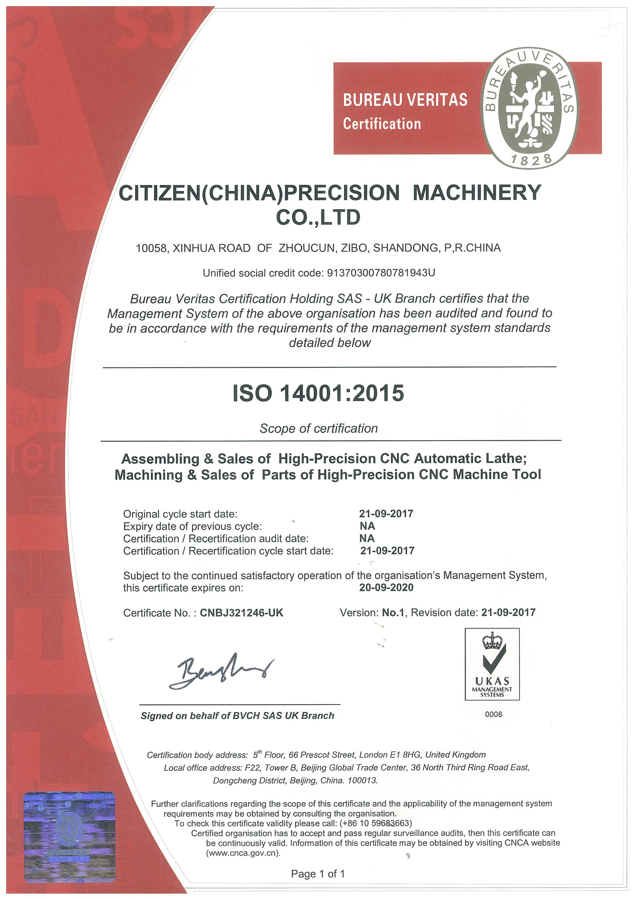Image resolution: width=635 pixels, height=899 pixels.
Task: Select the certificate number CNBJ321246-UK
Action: click(241, 613)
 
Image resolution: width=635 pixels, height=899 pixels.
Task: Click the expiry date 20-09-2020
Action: click(386, 587)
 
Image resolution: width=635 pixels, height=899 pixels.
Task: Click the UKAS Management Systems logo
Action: click(492, 664)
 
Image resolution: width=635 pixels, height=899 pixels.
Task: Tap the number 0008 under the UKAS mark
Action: click(493, 714)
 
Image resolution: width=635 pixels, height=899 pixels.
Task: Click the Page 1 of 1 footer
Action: click(318, 874)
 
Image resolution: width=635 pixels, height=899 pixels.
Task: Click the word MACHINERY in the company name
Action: click(477, 192)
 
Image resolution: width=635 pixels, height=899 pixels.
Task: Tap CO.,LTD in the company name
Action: click(318, 218)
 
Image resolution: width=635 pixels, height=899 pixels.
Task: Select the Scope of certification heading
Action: click(319, 428)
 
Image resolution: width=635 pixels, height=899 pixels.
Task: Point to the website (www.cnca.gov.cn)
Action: click(243, 853)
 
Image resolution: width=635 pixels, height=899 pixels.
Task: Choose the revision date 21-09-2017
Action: click(508, 612)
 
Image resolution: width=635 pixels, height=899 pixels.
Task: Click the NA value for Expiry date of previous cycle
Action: click(367, 526)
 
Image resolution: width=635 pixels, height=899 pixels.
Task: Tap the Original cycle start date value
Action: click(386, 513)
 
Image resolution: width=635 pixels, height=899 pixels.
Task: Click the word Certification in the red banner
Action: click(382, 124)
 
